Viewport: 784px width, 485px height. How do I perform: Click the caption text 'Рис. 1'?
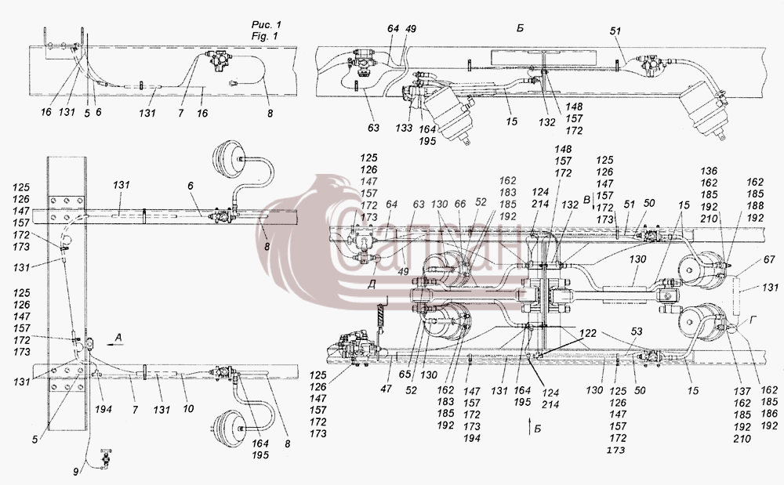266,25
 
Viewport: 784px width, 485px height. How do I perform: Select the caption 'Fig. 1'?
264,36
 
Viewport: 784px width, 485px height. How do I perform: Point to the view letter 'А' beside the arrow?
118,338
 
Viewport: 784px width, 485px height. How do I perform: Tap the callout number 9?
76,471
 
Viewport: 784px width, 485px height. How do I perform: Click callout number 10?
188,409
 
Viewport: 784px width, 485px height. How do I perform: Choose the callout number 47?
386,388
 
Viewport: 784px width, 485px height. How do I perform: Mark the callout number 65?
405,375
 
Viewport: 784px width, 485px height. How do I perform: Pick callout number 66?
460,204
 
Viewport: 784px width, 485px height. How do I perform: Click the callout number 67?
769,259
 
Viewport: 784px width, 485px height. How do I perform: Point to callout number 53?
637,331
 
